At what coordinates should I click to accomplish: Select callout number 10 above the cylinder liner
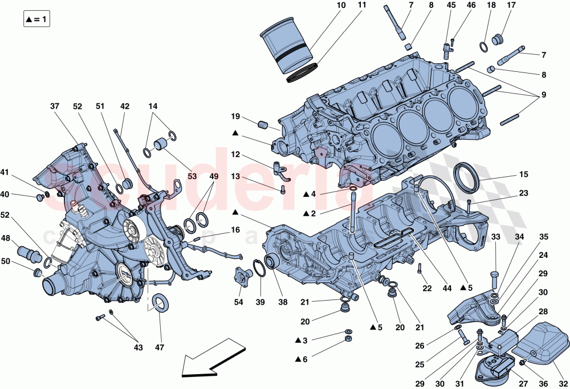pos(341,6)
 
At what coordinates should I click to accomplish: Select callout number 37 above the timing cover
pos(55,107)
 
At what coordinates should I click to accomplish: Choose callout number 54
pos(238,302)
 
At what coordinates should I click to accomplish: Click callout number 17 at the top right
pos(511,6)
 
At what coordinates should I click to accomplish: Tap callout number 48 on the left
pos(5,238)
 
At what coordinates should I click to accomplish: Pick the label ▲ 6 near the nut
pos(302,359)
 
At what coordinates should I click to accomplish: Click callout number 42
pos(125,107)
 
